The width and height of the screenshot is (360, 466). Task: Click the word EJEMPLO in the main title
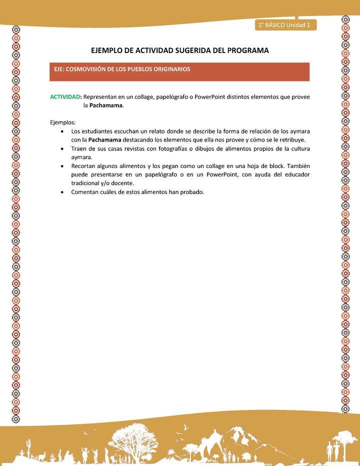(x=108, y=50)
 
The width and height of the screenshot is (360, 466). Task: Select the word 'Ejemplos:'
(x=62, y=122)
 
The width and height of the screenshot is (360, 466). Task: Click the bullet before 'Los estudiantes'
(x=61, y=131)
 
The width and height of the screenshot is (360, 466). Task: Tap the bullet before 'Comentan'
(x=61, y=192)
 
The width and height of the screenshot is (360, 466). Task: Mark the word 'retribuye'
(x=291, y=139)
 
